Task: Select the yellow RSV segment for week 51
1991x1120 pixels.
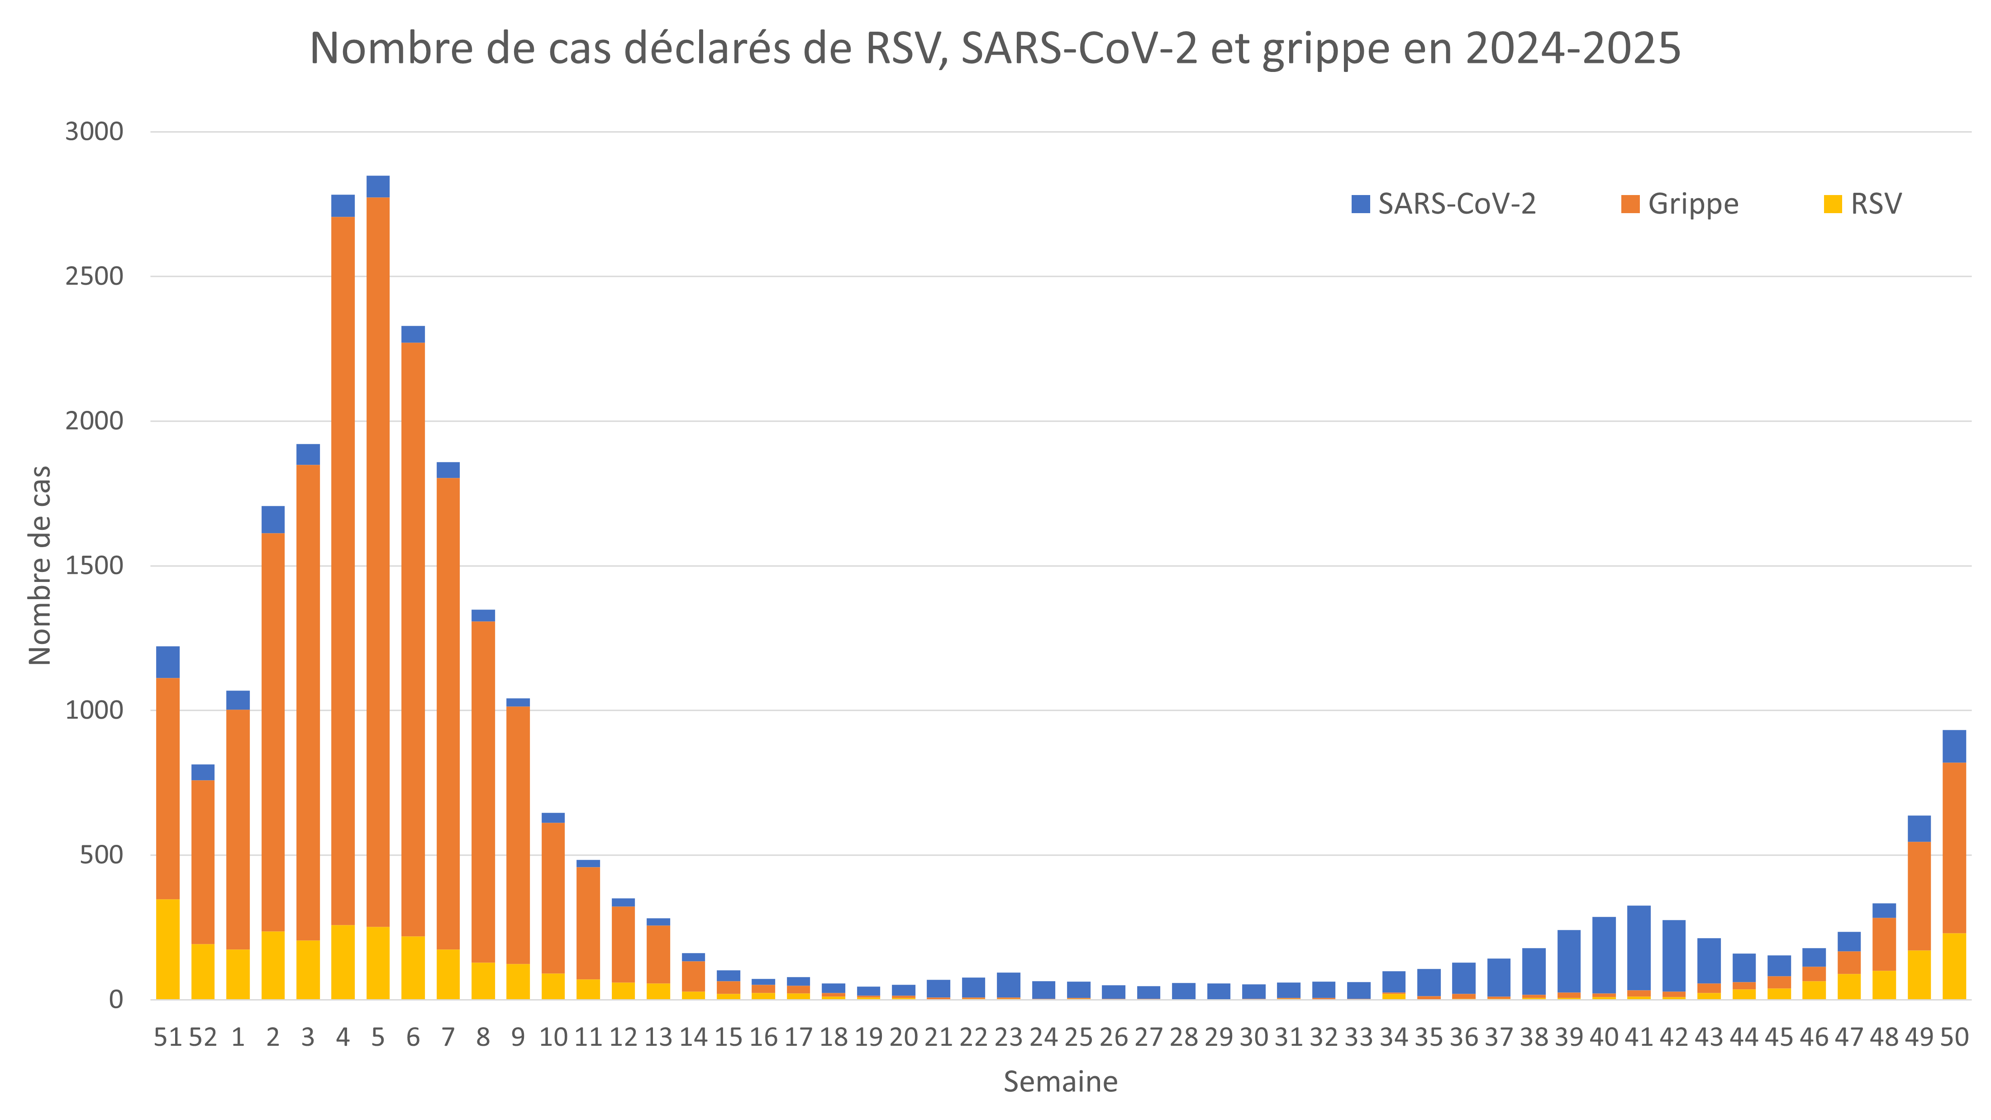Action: pos(168,949)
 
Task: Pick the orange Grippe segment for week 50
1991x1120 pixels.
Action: pos(1954,848)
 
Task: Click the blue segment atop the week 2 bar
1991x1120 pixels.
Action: pos(273,519)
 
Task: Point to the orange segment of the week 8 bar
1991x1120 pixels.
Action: pos(483,791)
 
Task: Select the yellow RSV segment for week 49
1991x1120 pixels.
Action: pos(1919,975)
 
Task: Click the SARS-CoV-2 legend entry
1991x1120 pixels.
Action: pos(1443,204)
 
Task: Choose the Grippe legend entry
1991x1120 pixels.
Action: pos(1680,204)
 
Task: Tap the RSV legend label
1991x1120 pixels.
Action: pos(1876,204)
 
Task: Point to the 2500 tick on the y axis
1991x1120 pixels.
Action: pos(94,276)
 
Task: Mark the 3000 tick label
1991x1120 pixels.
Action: pos(94,131)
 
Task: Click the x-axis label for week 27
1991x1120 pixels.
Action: pos(1148,1037)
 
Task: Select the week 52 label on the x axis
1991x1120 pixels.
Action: pos(203,1037)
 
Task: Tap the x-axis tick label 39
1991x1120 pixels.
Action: pos(1569,1037)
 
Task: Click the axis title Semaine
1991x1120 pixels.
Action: pos(1060,1082)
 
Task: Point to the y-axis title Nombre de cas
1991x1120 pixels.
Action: pos(39,565)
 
